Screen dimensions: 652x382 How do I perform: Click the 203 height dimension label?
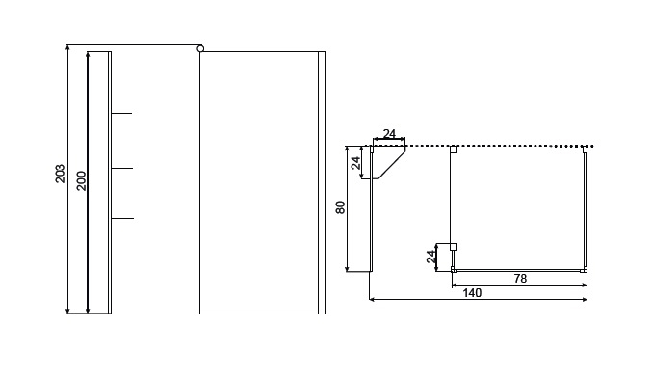click(61, 174)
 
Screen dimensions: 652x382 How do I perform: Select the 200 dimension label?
click(81, 180)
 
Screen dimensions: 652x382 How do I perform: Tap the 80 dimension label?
click(341, 207)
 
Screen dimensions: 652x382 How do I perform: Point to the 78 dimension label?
click(520, 278)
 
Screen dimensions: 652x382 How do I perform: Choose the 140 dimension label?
click(472, 293)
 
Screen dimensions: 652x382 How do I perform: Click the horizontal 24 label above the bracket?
click(389, 134)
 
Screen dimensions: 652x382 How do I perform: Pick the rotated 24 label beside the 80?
click(355, 163)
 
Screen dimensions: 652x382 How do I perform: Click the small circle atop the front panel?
click(200, 49)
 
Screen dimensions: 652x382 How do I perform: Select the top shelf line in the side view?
click(121, 113)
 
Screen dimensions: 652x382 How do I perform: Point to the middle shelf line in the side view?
click(122, 168)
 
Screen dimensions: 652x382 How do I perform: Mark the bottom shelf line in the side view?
click(122, 218)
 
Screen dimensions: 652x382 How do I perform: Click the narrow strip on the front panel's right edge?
click(322, 182)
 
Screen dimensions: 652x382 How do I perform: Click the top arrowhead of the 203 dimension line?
click(68, 47)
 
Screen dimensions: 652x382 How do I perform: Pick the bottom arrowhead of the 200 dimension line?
click(88, 311)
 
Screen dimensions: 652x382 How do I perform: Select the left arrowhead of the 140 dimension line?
click(373, 299)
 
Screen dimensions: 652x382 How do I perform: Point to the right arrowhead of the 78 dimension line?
click(584, 286)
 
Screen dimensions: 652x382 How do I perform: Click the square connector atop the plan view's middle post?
click(454, 149)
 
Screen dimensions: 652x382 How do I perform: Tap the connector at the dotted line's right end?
click(585, 149)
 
